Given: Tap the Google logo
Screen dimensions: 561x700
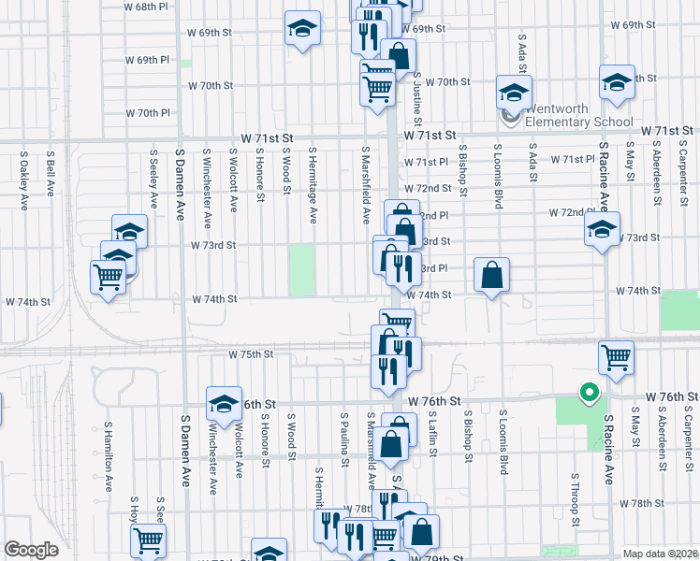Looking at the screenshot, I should tap(31, 550).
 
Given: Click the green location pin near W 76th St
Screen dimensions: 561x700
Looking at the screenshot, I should tap(589, 393).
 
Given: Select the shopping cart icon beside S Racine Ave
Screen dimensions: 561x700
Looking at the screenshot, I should tap(617, 357).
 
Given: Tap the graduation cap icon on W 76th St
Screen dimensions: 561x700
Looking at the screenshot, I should tap(224, 404).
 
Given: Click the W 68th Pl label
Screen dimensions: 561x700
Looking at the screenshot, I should tap(151, 6).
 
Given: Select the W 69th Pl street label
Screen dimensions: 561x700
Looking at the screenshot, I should tap(153, 60).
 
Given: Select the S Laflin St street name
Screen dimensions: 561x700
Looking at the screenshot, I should tap(434, 434).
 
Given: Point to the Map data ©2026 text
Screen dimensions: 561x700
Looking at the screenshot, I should tap(659, 553).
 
